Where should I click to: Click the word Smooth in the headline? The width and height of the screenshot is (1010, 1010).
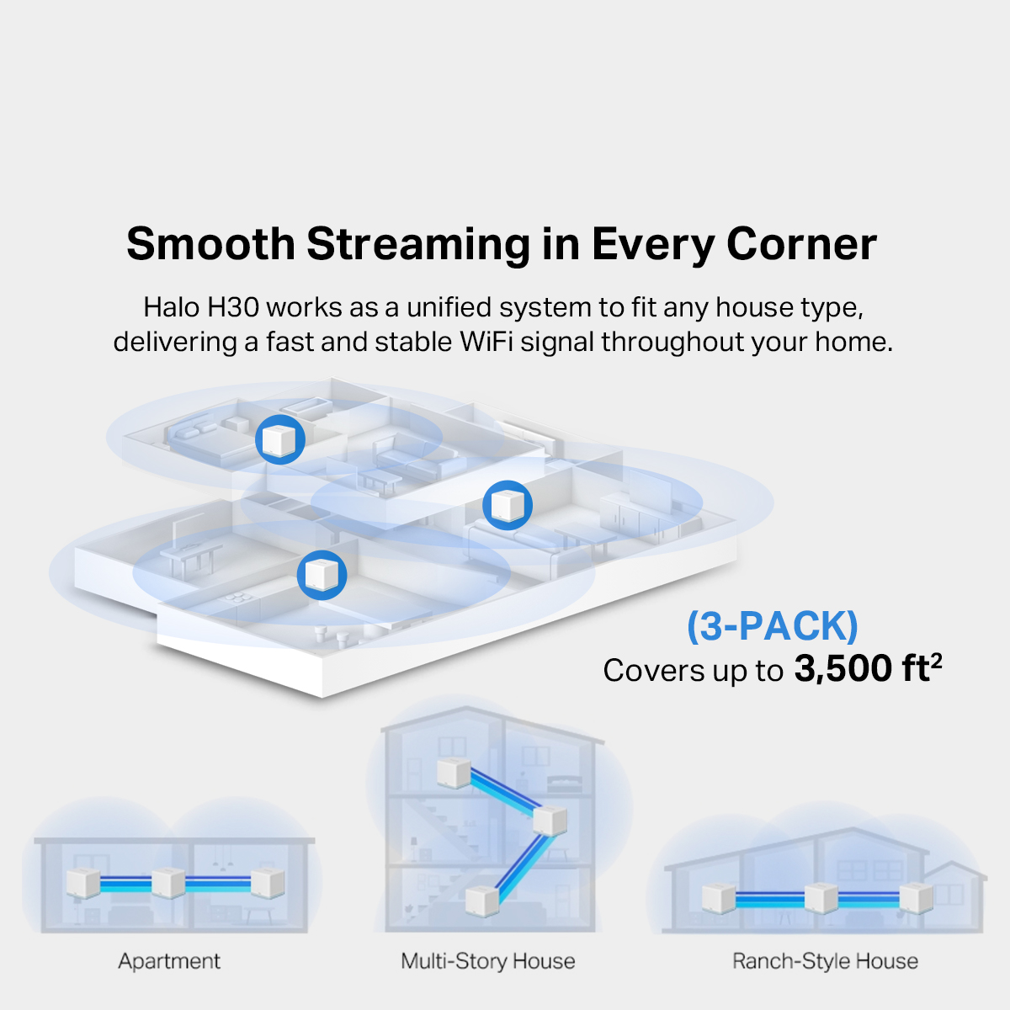point(210,244)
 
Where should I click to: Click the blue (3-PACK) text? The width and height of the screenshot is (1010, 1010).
point(773,626)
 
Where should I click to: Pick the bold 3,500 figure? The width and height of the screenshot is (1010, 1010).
point(843,669)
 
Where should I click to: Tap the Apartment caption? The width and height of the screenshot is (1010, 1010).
point(169,961)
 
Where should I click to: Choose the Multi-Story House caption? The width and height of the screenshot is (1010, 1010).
point(488,961)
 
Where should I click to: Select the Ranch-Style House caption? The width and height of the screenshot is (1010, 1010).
point(825,961)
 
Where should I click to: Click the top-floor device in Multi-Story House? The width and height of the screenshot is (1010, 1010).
point(453,773)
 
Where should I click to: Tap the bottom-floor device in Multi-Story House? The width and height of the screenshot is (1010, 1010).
point(481,900)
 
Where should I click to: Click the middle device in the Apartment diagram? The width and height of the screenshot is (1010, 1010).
point(167,883)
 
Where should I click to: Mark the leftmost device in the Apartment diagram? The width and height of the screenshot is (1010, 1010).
point(83,883)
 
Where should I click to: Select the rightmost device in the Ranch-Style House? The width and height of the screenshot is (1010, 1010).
point(915,898)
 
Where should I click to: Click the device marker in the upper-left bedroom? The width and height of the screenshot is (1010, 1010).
point(279,439)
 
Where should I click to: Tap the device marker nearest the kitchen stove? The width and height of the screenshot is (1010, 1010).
point(322,575)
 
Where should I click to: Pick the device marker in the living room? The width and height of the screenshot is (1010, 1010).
point(508,505)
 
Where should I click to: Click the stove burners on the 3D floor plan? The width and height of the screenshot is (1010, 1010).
point(238,598)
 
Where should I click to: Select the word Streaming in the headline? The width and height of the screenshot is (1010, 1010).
point(418,244)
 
